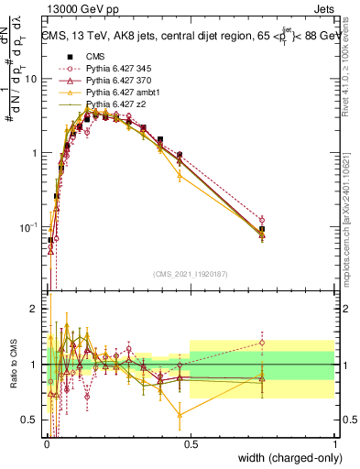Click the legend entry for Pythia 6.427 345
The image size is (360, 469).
(118, 69)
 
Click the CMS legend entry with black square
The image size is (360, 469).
(97, 57)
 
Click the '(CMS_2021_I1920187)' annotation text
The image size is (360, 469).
(190, 273)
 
